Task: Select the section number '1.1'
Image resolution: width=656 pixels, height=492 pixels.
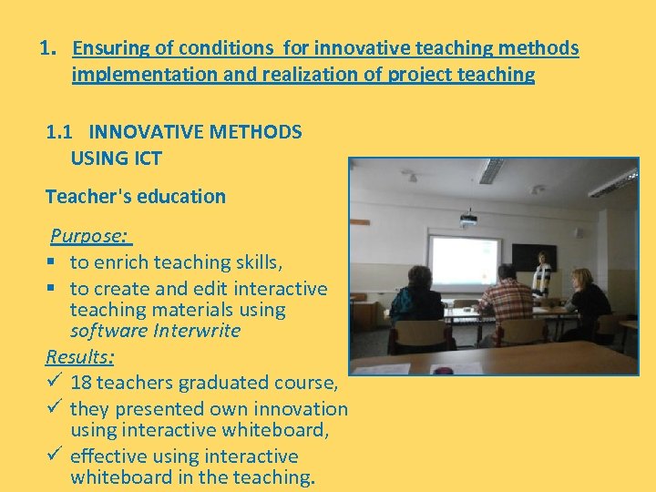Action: (62, 132)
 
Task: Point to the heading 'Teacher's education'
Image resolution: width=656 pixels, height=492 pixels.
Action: (136, 196)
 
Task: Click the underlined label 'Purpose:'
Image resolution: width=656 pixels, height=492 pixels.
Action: (89, 236)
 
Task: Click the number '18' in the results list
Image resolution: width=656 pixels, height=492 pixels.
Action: (81, 383)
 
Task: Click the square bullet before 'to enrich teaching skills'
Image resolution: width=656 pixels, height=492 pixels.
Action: (54, 262)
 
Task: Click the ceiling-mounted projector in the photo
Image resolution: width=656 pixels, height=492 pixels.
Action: (468, 218)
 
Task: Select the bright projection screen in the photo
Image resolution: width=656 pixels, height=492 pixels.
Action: (465, 261)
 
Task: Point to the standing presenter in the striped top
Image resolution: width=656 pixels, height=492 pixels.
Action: (543, 273)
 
